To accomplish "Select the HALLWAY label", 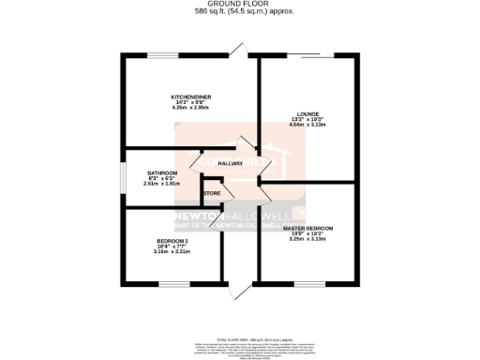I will click(230, 163).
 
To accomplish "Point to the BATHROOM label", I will click(161, 172).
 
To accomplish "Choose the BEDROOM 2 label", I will click(172, 240).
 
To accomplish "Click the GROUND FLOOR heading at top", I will click(240, 5).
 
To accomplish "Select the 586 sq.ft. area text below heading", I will click(240, 11).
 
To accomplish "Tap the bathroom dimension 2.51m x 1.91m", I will click(161, 184).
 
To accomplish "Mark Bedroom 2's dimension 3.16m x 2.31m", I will click(172, 251).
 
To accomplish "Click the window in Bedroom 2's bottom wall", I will click(173, 282).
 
